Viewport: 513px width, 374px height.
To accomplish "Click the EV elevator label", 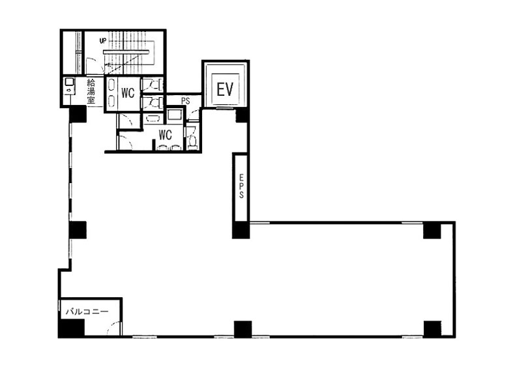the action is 225,89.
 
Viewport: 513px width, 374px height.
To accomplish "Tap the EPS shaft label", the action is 241,186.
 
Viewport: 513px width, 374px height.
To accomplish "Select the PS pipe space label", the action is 186,101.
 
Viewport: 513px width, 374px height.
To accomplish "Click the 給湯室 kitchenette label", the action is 91,91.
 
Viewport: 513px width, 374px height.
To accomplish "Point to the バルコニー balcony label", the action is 87,311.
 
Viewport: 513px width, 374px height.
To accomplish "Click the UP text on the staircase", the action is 103,41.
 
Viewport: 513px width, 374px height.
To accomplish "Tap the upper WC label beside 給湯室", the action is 128,93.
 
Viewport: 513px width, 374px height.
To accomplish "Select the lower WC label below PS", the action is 165,134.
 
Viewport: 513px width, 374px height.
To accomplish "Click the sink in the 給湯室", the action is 69,82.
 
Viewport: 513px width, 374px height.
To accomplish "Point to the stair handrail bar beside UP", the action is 126,51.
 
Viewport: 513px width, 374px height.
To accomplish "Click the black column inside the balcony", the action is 71,328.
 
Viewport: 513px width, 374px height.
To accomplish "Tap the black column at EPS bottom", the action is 241,230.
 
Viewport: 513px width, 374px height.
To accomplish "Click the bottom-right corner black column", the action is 432,328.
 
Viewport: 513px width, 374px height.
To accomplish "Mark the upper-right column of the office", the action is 432,231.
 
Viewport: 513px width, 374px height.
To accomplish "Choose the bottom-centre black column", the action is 242,329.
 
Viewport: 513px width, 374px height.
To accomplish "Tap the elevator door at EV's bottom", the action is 226,108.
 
